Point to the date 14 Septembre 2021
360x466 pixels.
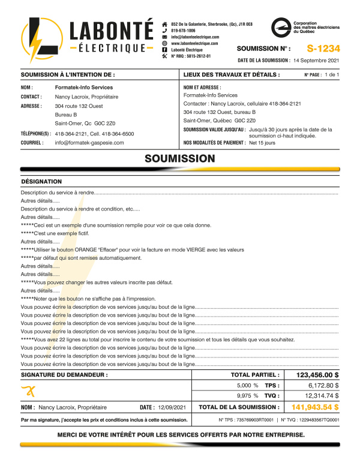[317, 61]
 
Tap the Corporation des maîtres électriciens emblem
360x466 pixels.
[281, 27]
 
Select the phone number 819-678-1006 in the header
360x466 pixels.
[183, 30]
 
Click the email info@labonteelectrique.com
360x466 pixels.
[194, 37]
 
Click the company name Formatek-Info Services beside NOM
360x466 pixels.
[83, 88]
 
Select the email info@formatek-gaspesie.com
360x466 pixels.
[89, 143]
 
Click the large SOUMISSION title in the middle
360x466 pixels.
[180, 159]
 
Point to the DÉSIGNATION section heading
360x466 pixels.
[41, 181]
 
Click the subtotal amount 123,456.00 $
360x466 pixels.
[318, 375]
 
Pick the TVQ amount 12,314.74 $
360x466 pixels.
[322, 396]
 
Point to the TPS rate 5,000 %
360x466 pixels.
[247, 385]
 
